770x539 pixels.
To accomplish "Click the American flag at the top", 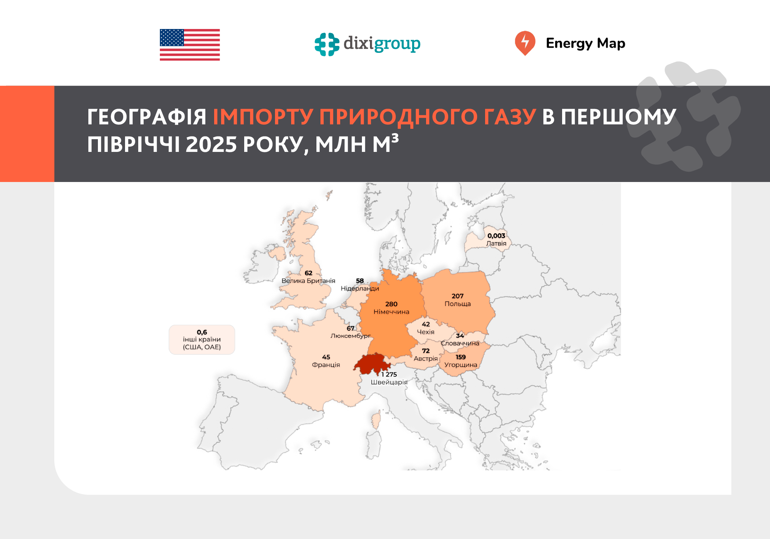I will click(190, 45).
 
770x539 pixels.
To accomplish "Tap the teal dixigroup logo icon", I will click(327, 44).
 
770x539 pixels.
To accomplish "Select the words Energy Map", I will click(585, 43).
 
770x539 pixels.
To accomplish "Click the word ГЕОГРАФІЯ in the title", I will click(147, 117).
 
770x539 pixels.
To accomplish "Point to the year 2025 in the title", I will click(211, 144).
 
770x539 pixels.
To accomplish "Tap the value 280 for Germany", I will click(391, 304).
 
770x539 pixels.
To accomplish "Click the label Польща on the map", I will click(457, 304).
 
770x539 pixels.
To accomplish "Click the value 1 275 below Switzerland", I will click(389, 374).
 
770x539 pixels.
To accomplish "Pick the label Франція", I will click(326, 365).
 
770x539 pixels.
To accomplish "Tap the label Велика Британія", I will click(308, 281).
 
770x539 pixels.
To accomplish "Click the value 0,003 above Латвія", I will click(496, 236).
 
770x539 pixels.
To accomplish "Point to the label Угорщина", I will click(461, 365).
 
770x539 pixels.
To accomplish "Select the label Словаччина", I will click(460, 343).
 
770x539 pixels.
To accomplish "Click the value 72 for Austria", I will click(426, 351).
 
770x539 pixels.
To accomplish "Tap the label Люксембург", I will click(351, 336).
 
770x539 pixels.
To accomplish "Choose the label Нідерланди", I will click(360, 288).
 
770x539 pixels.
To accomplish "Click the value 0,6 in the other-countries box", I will click(202, 332).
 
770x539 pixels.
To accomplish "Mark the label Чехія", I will click(425, 332).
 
